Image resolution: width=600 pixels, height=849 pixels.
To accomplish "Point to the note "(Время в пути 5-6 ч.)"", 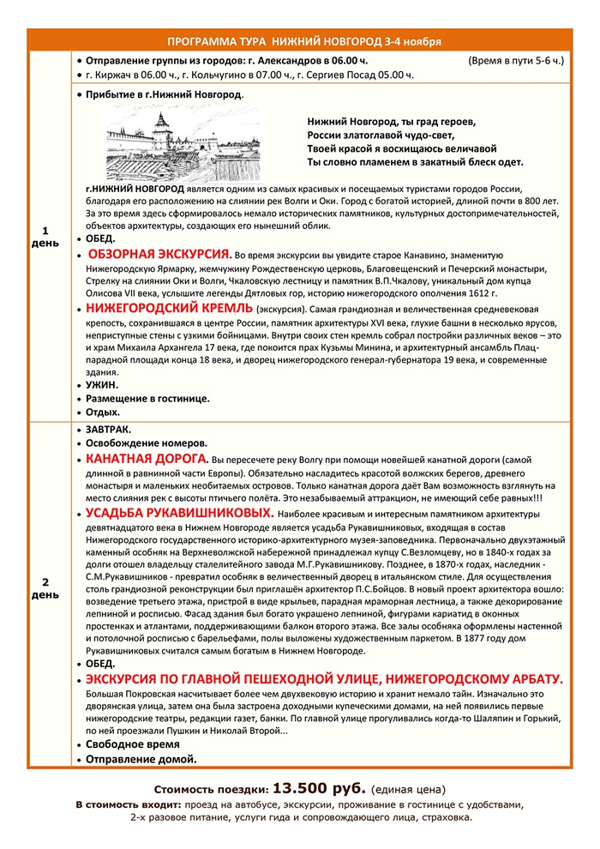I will (516, 61).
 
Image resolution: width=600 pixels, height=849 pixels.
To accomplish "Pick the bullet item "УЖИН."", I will (103, 385).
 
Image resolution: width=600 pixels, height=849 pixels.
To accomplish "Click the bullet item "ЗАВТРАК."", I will (112, 428).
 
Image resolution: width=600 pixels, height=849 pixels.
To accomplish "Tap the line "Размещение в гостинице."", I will (147, 398).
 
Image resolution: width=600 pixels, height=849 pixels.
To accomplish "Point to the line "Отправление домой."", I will (141, 758).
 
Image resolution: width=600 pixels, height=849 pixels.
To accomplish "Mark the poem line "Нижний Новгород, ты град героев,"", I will (391, 121).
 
